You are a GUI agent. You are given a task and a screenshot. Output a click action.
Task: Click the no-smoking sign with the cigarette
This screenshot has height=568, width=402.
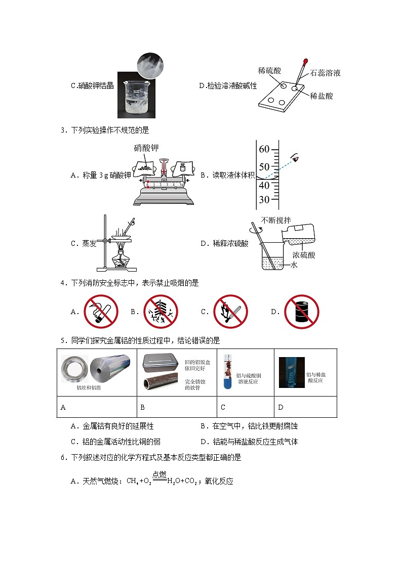[100, 312]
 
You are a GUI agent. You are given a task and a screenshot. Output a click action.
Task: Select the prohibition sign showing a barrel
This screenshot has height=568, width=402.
[301, 312]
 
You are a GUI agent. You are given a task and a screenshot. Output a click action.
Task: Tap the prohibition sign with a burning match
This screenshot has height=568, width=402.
[230, 312]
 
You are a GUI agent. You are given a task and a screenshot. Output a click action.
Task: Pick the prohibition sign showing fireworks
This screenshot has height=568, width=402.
[160, 312]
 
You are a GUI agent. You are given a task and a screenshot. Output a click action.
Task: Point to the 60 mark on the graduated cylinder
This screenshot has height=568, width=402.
[264, 149]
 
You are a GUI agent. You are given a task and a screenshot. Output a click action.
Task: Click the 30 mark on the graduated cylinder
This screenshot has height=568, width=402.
[264, 199]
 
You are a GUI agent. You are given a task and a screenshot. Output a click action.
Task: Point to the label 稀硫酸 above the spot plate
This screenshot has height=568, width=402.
[269, 71]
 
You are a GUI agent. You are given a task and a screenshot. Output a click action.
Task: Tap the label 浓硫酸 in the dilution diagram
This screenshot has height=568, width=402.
[304, 255]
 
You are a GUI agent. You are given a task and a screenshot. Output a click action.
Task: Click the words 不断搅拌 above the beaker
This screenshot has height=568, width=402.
[276, 220]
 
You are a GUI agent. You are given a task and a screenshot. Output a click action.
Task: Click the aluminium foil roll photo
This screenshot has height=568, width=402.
[110, 372]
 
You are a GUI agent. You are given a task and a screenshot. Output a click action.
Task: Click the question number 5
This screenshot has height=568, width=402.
[63, 340]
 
